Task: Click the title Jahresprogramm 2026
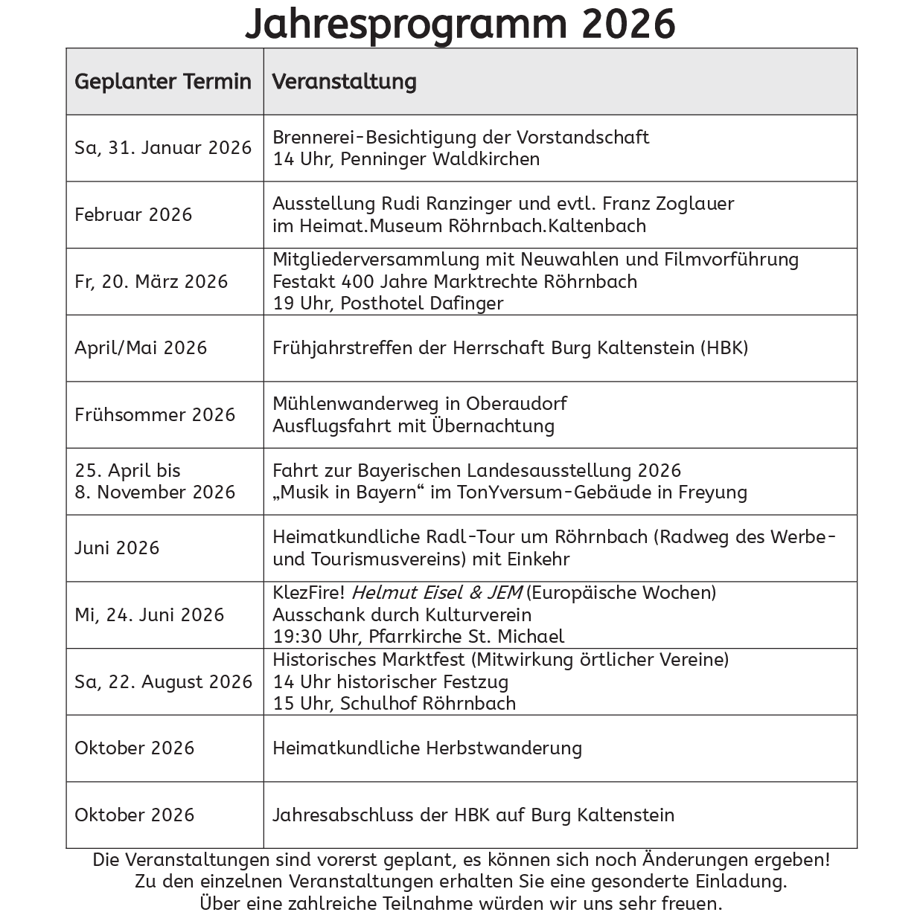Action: pos(460,24)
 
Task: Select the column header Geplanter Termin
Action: pos(163,81)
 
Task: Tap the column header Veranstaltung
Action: pos(344,81)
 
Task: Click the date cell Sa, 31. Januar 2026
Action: pos(163,147)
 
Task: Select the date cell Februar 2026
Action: pos(133,214)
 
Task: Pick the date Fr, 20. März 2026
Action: pos(151,281)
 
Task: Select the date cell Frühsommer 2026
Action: pos(155,414)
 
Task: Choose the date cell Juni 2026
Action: pos(117,548)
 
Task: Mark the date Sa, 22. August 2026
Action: pos(164,681)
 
